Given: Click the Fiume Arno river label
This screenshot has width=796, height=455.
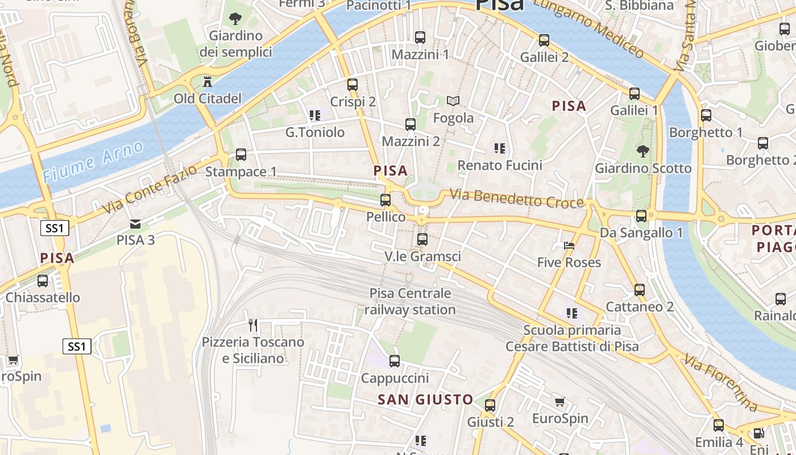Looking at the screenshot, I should pos(93,162).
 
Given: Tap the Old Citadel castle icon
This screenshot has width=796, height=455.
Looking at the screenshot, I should pos(207,81).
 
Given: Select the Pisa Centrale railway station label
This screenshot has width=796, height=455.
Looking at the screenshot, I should pos(409,301).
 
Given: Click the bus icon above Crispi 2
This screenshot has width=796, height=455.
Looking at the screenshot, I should pos(353,85).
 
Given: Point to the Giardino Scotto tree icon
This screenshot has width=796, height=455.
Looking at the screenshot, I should pos(643,151).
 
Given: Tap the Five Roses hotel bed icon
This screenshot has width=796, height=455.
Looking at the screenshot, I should pos(569,246).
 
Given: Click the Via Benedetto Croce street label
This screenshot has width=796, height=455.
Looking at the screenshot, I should pos(517,198).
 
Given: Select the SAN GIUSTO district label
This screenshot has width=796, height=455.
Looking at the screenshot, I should pos(425,400).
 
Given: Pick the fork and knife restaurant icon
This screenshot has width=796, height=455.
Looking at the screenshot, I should pos(253,325).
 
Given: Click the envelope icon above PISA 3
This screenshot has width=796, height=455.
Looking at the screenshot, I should pos(135,224).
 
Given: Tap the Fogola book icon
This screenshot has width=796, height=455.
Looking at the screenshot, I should pos(453,101).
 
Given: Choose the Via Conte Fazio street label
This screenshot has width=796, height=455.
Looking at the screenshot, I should pos(151,189).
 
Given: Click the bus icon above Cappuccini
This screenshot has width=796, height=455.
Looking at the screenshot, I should pos(395,361).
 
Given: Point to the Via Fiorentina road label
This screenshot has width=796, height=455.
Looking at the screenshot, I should pos(721,383).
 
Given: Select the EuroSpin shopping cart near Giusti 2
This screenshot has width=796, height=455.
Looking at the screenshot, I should pos(560,402).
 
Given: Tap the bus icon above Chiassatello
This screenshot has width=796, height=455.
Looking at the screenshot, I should pos(43,281).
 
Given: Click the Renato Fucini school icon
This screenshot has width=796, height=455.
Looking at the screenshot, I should pos(500,148).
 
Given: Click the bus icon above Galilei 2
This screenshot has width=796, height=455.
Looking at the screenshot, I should pos(544,40).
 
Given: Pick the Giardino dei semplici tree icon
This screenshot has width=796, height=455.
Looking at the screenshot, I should pos(235,19).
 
